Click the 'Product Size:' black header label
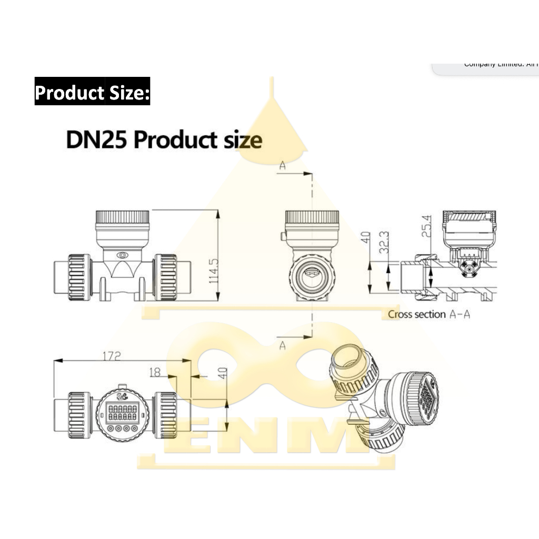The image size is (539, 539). pyautogui.click(x=92, y=92)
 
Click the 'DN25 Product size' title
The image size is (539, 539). pyautogui.click(x=164, y=141)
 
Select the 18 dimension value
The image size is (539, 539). pyautogui.click(x=155, y=373)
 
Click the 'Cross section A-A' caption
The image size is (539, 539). pyautogui.click(x=429, y=314)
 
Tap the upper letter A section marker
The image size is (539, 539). pyautogui.click(x=283, y=166)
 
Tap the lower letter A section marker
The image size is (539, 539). pyautogui.click(x=283, y=345)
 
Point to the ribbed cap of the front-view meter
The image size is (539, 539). pyautogui.click(x=122, y=216)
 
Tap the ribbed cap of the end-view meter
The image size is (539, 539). pyautogui.click(x=312, y=217)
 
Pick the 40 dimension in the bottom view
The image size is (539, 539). pyautogui.click(x=223, y=374)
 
